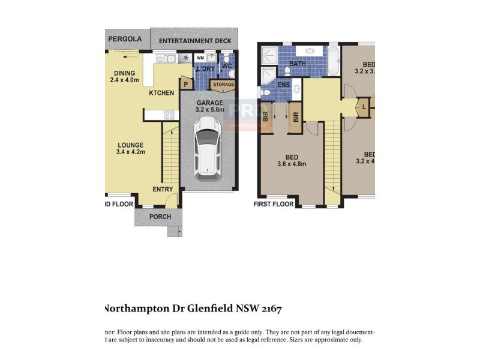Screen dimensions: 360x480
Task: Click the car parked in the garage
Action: (x=207, y=148)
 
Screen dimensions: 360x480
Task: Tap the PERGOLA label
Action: (x=125, y=39)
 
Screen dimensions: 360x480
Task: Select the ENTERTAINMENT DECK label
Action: (x=194, y=41)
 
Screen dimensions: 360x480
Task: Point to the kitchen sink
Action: (x=168, y=58)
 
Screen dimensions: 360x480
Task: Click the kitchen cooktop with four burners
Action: (x=169, y=115)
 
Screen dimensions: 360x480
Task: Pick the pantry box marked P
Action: (x=186, y=85)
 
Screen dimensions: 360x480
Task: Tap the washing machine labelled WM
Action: (x=200, y=58)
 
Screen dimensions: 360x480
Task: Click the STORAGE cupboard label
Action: (x=223, y=85)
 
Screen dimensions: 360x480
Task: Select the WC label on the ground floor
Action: (x=227, y=66)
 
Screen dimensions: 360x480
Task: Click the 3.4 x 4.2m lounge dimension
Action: (x=131, y=152)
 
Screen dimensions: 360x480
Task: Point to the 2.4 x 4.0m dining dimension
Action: (x=124, y=80)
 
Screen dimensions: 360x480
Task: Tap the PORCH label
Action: (x=160, y=217)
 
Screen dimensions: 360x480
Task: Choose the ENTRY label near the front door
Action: (x=163, y=190)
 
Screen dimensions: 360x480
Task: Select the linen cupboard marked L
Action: (x=365, y=107)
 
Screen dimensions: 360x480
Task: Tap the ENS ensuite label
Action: (x=283, y=85)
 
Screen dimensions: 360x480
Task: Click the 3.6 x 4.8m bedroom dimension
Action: (x=292, y=164)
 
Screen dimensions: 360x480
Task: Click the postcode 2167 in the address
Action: (x=269, y=309)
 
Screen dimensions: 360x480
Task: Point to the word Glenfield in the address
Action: (x=205, y=309)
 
